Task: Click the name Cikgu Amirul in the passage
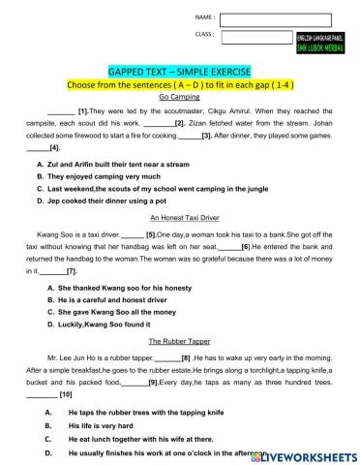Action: pyautogui.click(x=208, y=111)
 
